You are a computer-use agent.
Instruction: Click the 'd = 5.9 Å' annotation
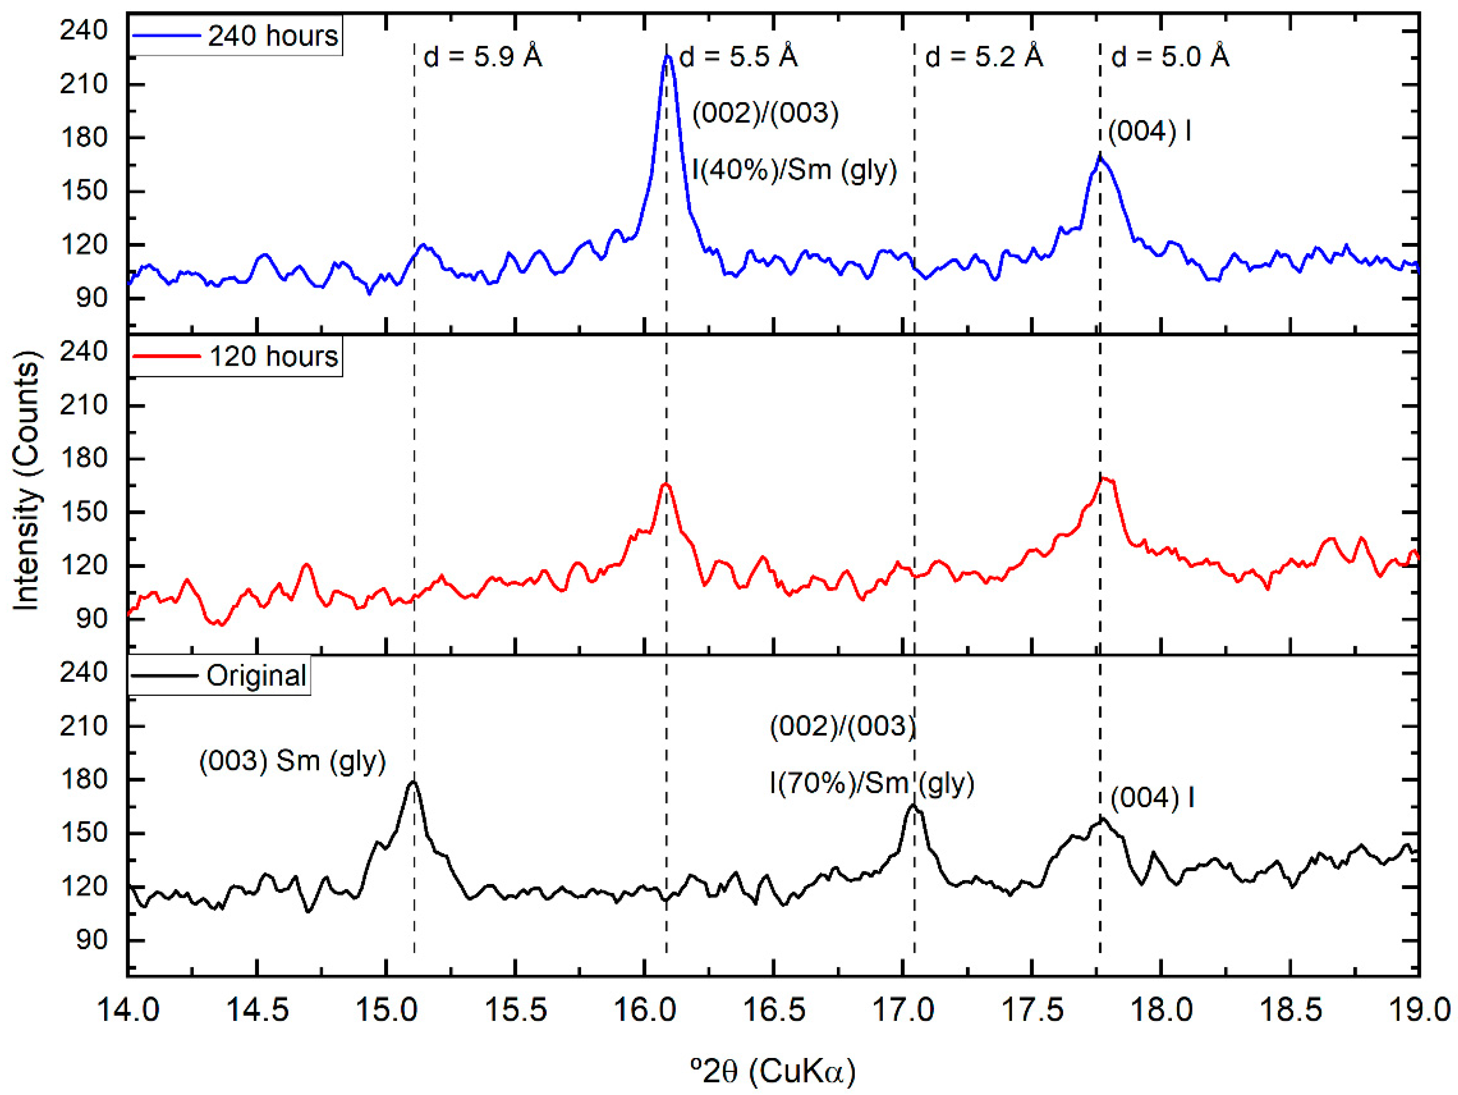point(483,57)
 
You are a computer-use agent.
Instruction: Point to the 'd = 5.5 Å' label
point(738,57)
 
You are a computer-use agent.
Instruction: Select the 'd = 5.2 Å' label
point(984,57)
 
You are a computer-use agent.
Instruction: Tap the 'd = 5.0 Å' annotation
point(1170,57)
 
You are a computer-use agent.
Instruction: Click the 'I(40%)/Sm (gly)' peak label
point(794,170)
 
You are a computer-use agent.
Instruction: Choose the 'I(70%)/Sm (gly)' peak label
point(871,783)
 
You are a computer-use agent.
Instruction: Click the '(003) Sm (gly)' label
point(292,761)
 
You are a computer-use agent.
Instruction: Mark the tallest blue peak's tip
point(667,56)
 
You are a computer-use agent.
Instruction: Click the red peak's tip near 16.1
point(666,484)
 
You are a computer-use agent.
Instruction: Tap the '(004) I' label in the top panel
point(1149,131)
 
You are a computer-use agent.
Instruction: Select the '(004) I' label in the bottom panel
point(1152,798)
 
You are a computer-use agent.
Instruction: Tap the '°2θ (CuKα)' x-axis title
point(773,1071)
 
